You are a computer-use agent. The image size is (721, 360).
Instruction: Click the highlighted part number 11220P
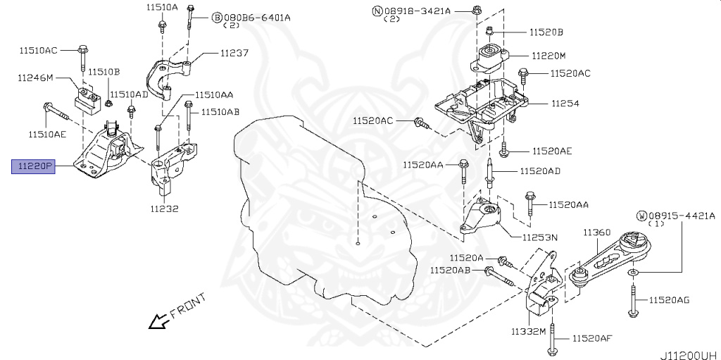coord(32,167)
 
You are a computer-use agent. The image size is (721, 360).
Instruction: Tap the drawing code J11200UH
coord(688,355)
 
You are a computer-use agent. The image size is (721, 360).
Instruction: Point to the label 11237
coord(234,53)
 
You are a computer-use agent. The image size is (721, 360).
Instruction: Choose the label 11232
coord(163,209)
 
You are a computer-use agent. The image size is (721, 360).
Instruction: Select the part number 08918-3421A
coord(422,11)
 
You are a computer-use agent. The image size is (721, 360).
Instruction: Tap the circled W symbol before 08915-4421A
coord(642,215)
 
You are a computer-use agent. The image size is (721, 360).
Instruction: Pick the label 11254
coord(565,103)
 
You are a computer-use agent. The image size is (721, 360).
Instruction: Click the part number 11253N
coord(539,237)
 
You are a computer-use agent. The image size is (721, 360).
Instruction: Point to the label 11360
coord(596,232)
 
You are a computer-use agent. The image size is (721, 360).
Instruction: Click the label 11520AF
coord(591,338)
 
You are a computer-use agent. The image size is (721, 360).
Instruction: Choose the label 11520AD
coord(540,171)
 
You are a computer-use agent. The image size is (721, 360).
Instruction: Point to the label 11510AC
coord(38,50)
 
